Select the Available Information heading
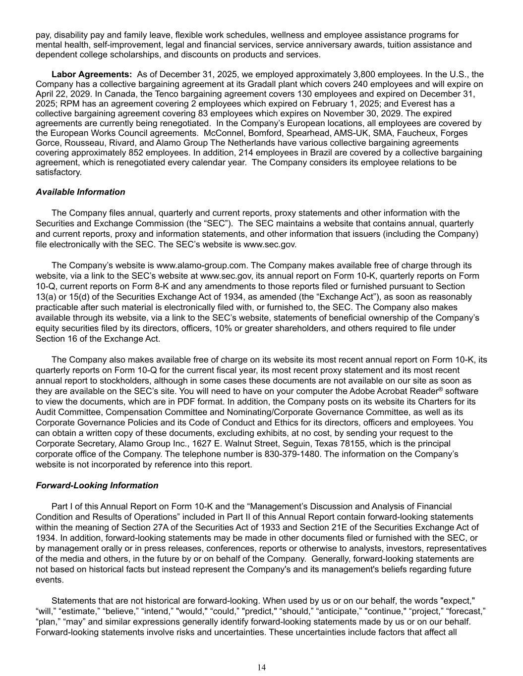(x=80, y=192)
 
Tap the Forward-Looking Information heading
(x=97, y=486)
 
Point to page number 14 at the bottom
(x=261, y=668)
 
